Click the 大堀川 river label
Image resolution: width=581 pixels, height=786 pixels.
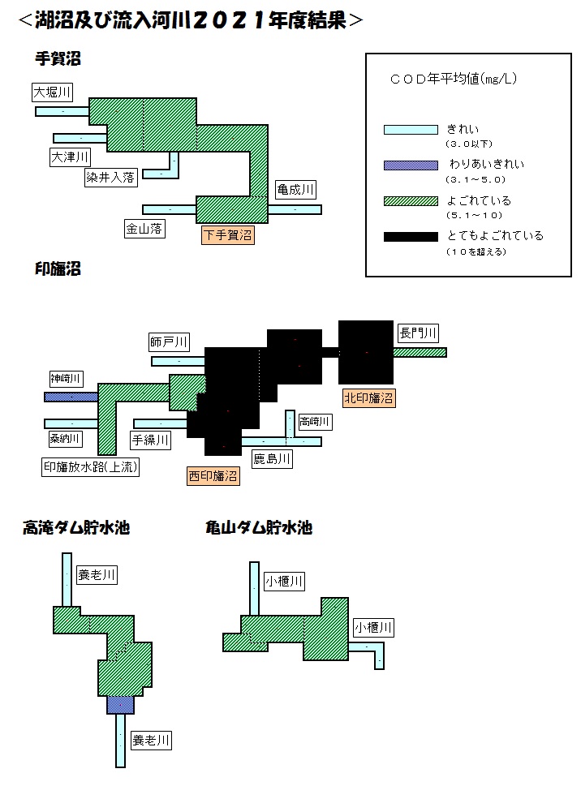[x=52, y=92]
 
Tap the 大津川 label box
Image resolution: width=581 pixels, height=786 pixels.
[x=70, y=157]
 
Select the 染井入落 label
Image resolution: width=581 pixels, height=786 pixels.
[x=110, y=177]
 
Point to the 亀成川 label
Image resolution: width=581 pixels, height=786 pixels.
[x=295, y=190]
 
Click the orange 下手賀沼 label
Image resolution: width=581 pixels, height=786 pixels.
[x=227, y=234]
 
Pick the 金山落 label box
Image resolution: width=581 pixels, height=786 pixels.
[x=144, y=229]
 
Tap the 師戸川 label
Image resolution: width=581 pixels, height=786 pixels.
[x=169, y=341]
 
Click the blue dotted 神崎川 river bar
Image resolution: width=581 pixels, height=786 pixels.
[x=71, y=397]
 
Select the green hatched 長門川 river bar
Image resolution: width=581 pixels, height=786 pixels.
[x=420, y=352]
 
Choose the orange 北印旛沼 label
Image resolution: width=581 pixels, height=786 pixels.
[x=369, y=397]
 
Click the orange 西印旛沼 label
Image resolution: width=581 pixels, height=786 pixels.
[x=213, y=475]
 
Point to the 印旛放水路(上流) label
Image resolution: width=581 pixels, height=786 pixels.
[x=90, y=466]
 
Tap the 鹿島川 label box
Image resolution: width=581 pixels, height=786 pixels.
[x=272, y=458]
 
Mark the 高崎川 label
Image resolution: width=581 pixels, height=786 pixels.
[x=314, y=422]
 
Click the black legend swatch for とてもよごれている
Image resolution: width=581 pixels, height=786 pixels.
[x=411, y=237]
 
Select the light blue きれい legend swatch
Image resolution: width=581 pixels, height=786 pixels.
[x=411, y=130]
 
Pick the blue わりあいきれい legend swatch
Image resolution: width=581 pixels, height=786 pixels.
[x=411, y=165]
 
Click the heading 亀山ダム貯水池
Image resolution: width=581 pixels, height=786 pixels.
[x=259, y=527]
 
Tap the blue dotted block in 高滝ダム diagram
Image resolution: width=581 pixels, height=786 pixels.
[x=120, y=705]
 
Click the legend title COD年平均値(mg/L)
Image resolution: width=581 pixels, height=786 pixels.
[x=453, y=79]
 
